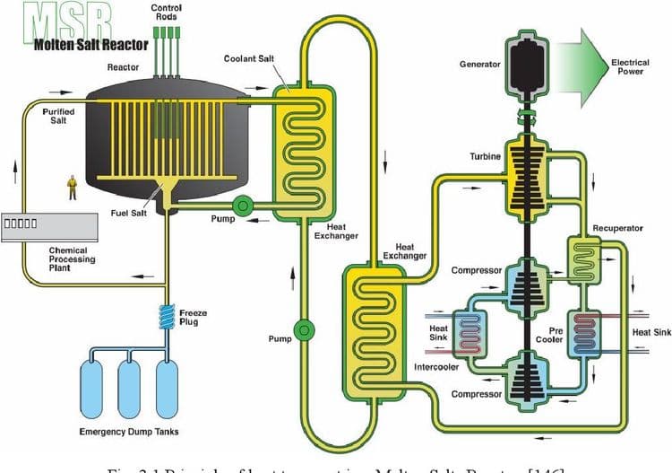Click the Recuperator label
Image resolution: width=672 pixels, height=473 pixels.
pyautogui.click(x=617, y=228)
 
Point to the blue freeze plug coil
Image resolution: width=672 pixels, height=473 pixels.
pyautogui.click(x=167, y=316)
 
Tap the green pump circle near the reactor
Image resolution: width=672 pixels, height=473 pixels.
pyautogui.click(x=242, y=206)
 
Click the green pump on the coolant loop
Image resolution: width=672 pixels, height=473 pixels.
pyautogui.click(x=305, y=331)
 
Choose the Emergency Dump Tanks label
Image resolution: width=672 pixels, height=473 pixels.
pyautogui.click(x=129, y=432)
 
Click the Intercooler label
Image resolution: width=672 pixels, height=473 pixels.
pyautogui.click(x=436, y=368)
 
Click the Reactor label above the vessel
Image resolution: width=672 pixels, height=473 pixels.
pyautogui.click(x=122, y=67)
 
